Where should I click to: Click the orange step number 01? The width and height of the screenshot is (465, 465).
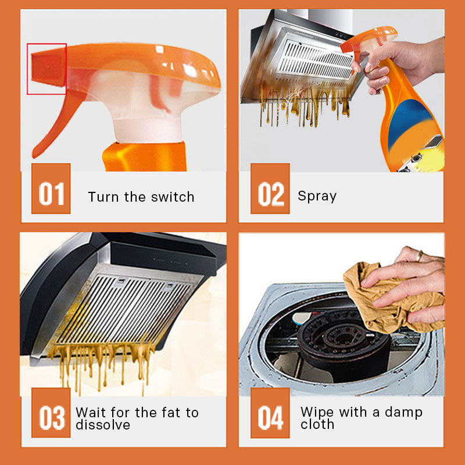tap(51, 188)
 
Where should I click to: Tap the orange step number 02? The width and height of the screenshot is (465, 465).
tap(270, 188)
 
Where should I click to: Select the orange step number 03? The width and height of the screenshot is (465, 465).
tap(51, 413)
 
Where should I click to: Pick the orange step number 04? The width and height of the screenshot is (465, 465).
tap(270, 413)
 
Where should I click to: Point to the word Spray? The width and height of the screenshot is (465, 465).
tap(317, 196)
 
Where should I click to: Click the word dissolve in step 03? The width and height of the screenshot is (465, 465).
tap(103, 425)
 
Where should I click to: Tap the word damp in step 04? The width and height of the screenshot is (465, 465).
tap(403, 413)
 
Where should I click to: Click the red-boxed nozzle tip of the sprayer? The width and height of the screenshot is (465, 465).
tap(48, 68)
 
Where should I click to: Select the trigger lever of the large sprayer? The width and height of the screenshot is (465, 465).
tap(56, 121)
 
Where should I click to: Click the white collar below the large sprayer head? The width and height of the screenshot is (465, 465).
tap(148, 129)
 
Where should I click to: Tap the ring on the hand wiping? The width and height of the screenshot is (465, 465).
tap(420, 256)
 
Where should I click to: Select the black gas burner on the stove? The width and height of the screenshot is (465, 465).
tap(344, 341)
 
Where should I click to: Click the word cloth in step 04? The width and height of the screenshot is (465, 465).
tap(317, 424)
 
